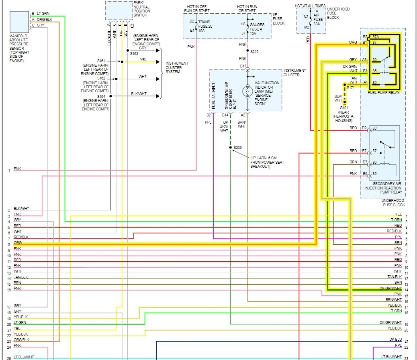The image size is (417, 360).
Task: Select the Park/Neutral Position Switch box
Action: point(119,10)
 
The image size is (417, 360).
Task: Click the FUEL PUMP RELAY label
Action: point(383,93)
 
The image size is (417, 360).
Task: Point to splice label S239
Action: point(238,148)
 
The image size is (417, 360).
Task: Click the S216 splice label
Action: point(255,51)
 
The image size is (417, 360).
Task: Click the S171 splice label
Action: point(351,87)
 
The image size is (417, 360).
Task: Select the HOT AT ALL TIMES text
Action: point(310,6)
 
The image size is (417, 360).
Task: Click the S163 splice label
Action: point(134,53)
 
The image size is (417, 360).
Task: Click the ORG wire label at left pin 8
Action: point(18,243)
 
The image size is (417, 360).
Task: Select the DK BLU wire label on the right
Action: point(395,340)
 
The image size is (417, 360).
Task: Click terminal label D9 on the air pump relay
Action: point(364,128)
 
